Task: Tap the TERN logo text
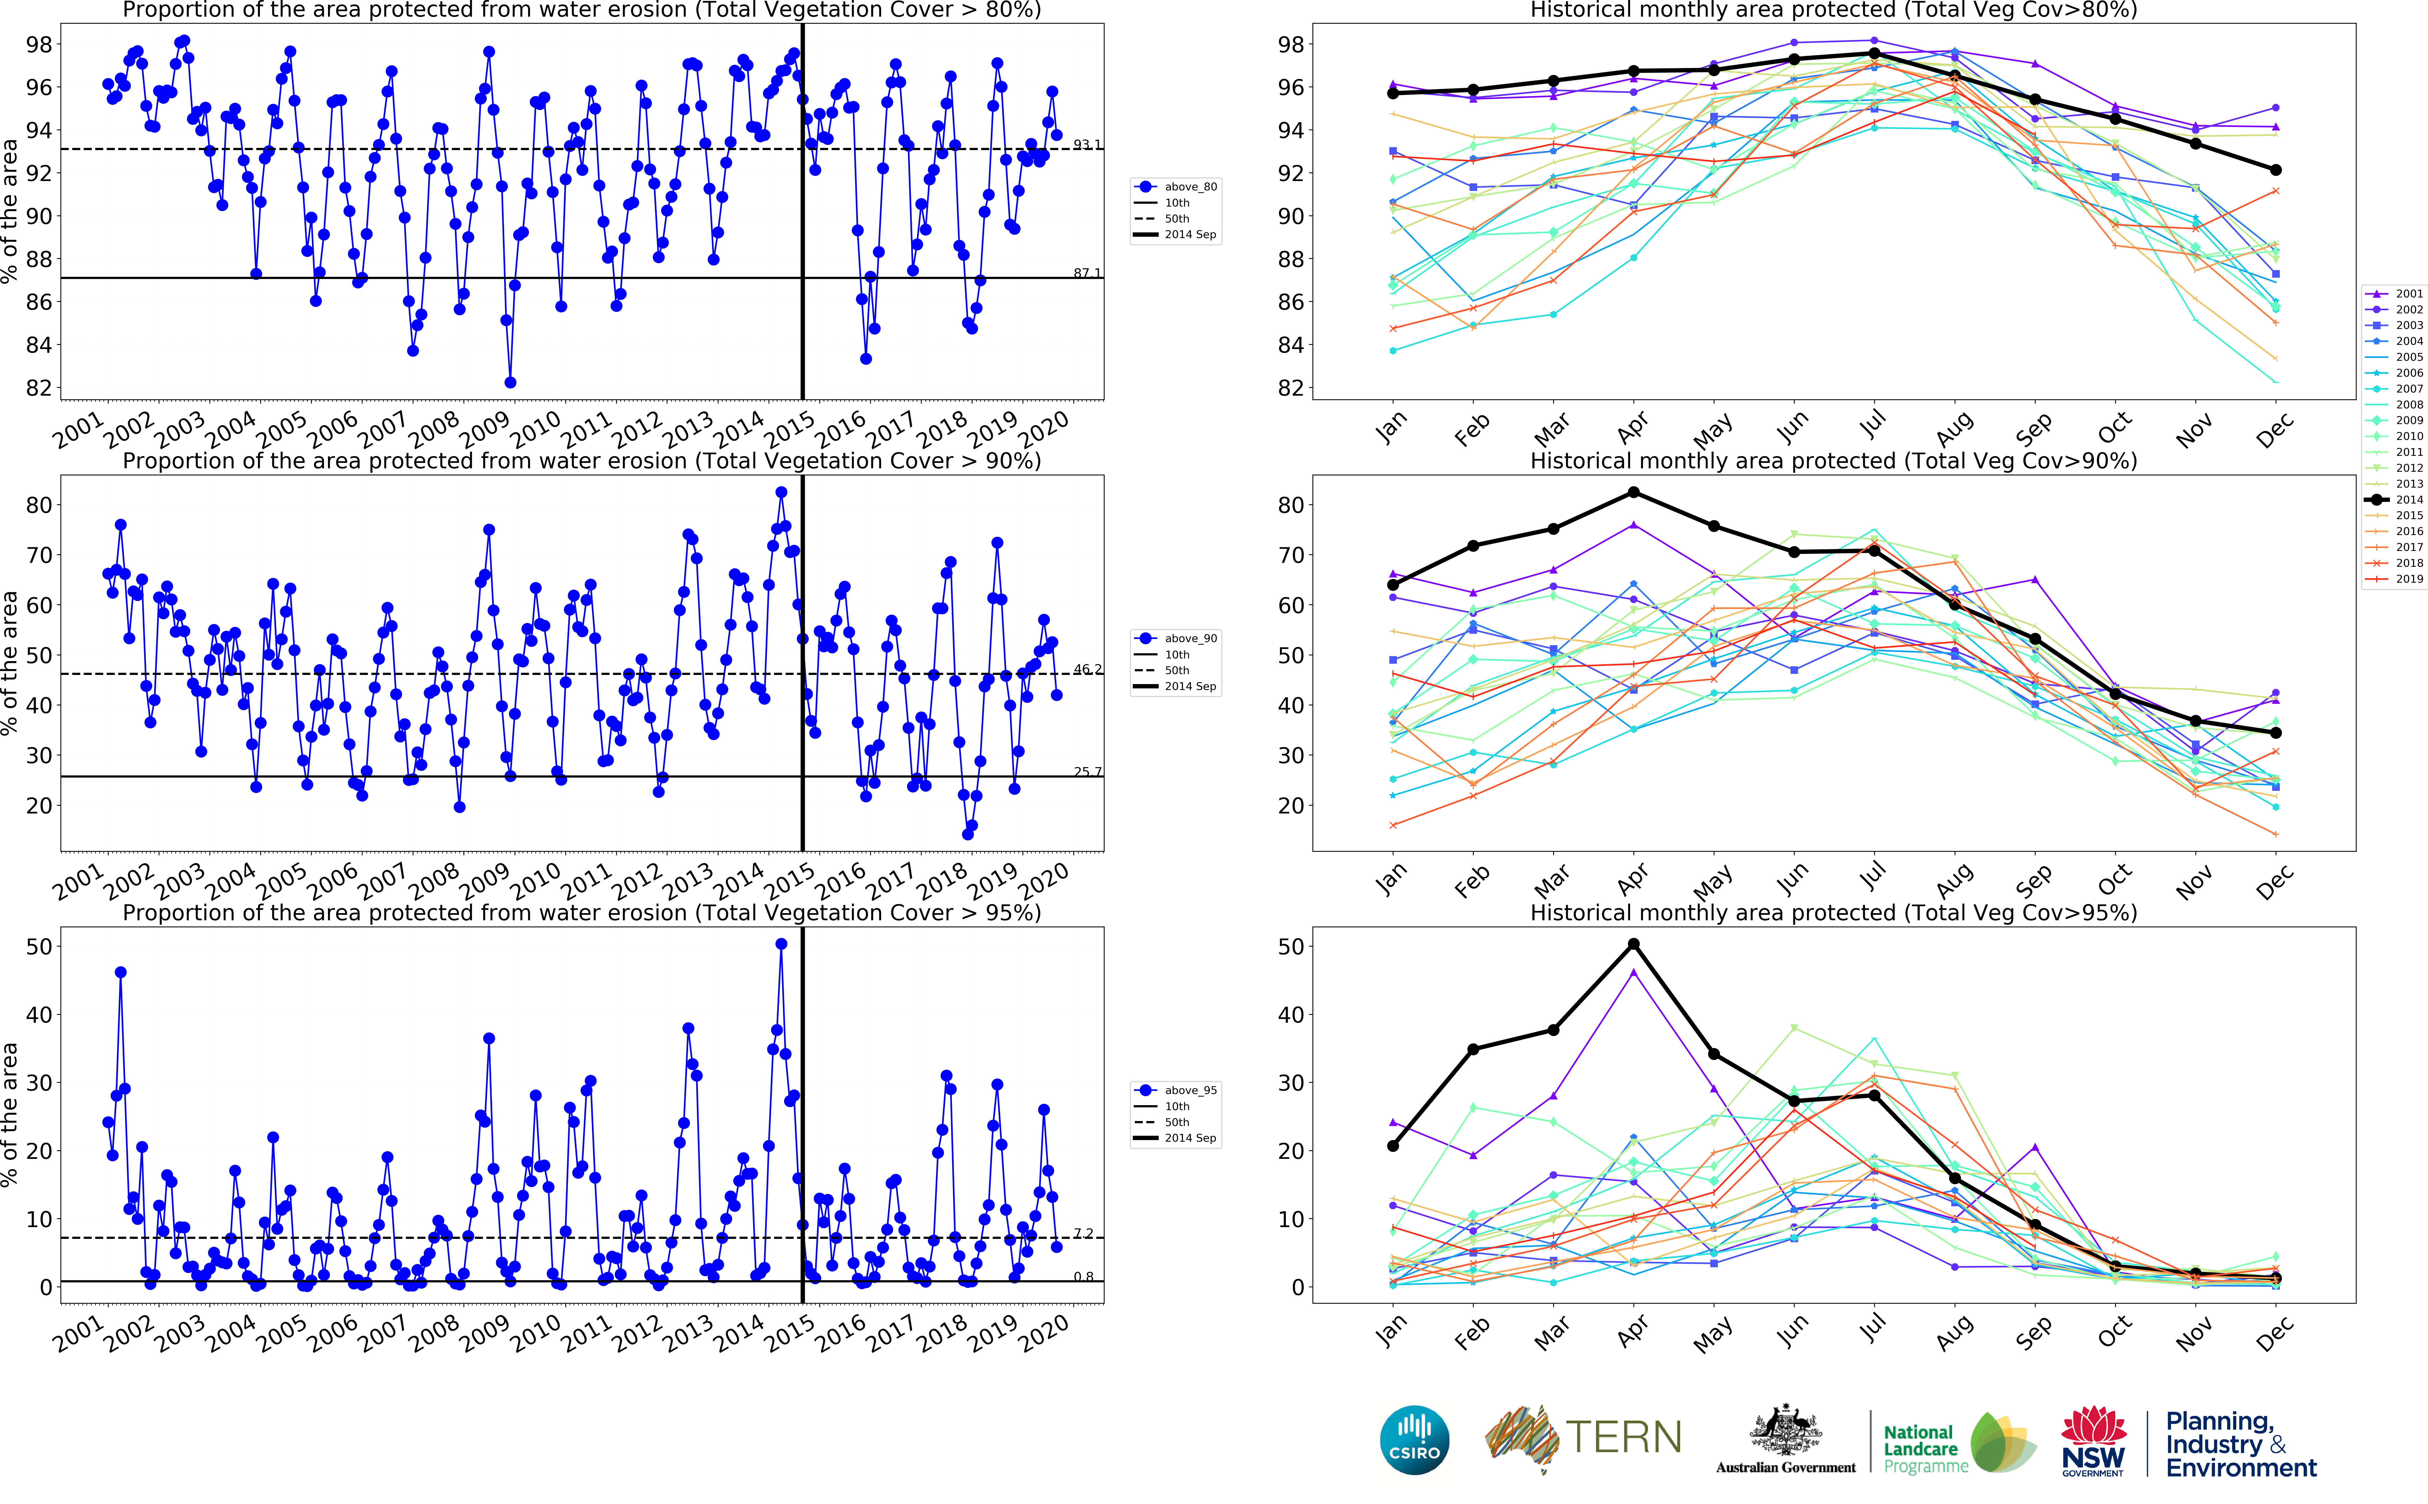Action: [1623, 1437]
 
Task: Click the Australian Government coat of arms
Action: [1786, 1432]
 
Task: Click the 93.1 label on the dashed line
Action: [1086, 145]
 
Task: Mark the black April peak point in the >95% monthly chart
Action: [1633, 944]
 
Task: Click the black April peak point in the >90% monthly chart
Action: [1633, 492]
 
